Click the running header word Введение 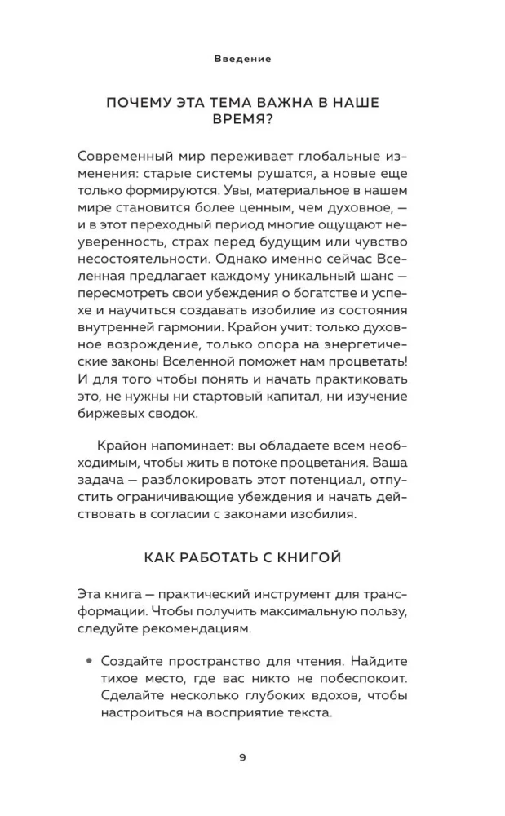pyautogui.click(x=242, y=59)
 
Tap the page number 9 pyautogui.click(x=242, y=756)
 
